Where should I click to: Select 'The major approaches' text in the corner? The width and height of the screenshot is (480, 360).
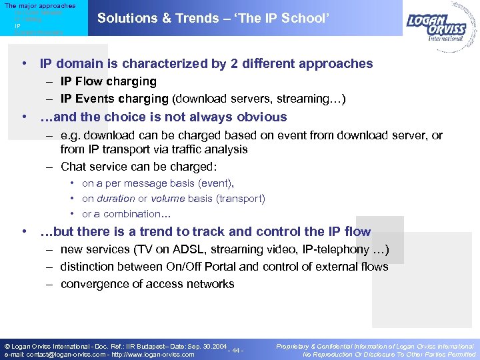(40, 6)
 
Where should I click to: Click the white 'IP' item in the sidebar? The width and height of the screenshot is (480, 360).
(18, 25)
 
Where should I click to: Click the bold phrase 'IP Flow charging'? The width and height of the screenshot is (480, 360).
(108, 82)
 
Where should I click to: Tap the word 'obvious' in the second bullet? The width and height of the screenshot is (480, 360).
(261, 117)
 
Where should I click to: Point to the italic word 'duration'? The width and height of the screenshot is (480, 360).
(115, 199)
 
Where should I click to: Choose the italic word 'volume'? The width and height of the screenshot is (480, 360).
(168, 199)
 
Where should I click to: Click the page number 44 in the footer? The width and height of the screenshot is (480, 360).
(236, 351)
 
